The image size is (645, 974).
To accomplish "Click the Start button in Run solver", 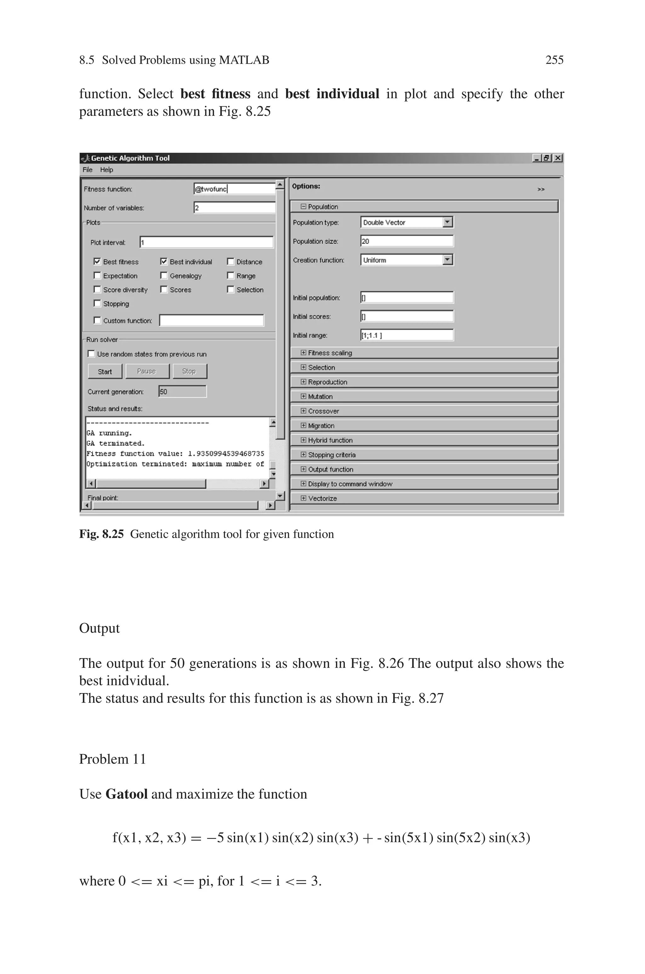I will point(105,371).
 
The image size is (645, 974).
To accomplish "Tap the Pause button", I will point(147,371).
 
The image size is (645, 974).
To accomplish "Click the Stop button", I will point(189,371).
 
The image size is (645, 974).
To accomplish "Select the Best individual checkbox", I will point(164,261).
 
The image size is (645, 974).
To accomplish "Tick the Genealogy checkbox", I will point(164,276).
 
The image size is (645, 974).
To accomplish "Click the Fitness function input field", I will point(234,189).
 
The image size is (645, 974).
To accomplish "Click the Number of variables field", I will point(234,208).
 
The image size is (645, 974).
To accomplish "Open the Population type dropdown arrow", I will point(448,222).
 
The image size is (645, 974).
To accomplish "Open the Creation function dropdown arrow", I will point(448,260).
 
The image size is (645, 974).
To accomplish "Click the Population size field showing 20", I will point(406,241).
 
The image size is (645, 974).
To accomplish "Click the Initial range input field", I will point(406,335).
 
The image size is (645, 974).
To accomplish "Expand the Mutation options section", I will point(304,397).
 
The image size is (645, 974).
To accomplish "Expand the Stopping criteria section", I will point(304,455).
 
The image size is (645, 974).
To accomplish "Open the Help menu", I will point(106,169).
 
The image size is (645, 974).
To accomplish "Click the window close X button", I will point(558,158).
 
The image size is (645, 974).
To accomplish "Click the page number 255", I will point(554,60).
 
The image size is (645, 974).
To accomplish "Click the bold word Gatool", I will point(126,794).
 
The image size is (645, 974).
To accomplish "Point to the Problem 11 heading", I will point(112,759).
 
